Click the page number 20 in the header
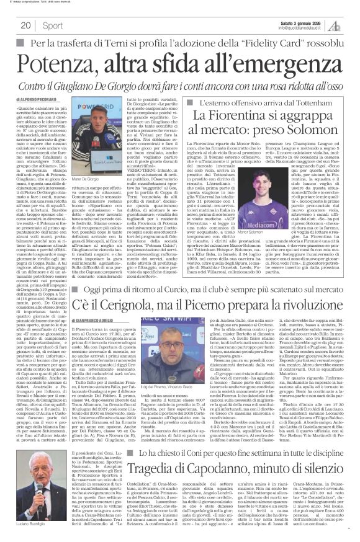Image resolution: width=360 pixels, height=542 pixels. (25, 25)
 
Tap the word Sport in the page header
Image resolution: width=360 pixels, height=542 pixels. (53, 25)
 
